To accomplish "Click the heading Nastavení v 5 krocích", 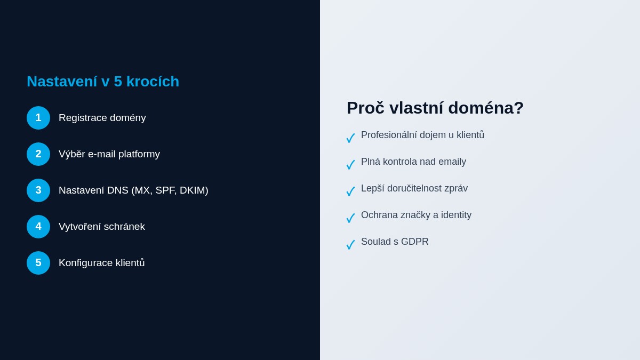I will click(103, 82).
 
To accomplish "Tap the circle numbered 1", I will click(38, 118).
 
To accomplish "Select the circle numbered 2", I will click(38, 154).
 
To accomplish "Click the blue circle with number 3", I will click(38, 190).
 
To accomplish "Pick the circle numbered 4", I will click(38, 227).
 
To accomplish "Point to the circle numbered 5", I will click(38, 263).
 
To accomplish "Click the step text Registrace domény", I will click(102, 118).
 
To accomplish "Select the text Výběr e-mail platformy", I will click(109, 154).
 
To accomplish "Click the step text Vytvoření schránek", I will click(101, 227).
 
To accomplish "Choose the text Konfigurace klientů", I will click(101, 263).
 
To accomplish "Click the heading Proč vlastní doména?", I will click(435, 108).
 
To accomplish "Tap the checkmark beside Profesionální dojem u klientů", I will click(350, 138).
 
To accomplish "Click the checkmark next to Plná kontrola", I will click(350, 165).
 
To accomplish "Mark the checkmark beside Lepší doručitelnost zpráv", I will click(350, 191).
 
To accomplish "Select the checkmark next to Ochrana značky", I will click(350, 218).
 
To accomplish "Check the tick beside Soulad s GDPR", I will click(350, 245).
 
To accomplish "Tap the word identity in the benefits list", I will click(454, 215).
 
